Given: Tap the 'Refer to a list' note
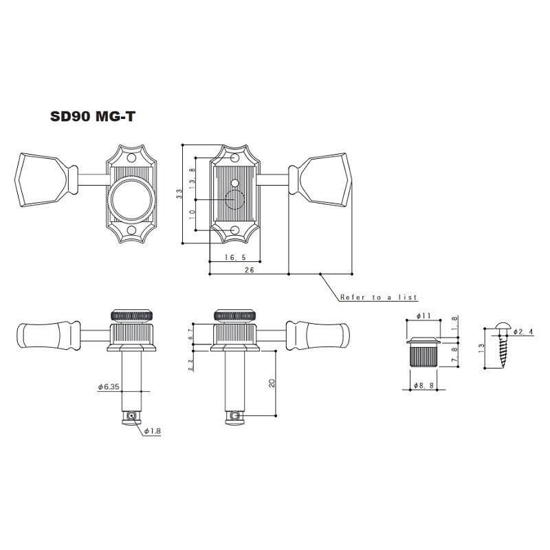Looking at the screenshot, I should pos(378,298).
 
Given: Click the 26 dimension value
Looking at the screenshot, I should pos(249,270).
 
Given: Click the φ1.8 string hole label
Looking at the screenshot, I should pos(152,432).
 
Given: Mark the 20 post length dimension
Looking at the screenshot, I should pos(272,383).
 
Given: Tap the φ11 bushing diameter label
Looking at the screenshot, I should pos(423,316).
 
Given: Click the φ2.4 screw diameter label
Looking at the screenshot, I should pos(522,332).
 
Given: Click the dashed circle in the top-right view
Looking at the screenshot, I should pos(235,200).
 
